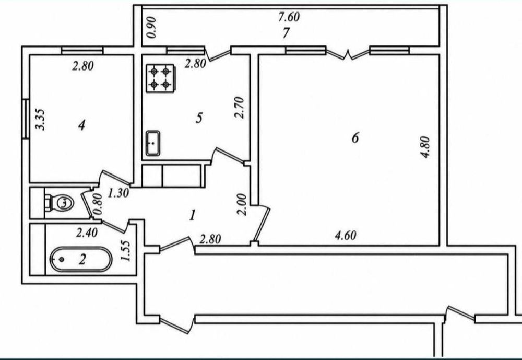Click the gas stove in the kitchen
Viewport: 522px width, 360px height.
pos(160,78)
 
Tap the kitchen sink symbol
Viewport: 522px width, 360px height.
pos(153,143)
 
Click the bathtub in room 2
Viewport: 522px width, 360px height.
pos(81,259)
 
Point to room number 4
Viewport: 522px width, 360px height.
pos(81,126)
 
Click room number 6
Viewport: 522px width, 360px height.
pos(355,137)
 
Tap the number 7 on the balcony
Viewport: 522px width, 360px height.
pos(286,33)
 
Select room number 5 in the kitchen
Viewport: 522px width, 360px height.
pos(199,118)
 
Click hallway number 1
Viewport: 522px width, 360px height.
pos(192,215)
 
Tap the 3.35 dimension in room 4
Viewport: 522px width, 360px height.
pos(41,120)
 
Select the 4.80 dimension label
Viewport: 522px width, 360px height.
pos(425,147)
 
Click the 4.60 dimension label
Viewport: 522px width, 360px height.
pos(345,236)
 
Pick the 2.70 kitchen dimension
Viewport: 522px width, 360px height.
pos(240,108)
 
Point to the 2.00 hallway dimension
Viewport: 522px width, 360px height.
pos(243,205)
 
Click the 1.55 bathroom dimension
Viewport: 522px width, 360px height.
pos(126,251)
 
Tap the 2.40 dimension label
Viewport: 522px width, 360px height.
pos(87,233)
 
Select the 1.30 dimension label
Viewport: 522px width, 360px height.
pos(118,193)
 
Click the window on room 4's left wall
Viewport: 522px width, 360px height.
pos(26,119)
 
